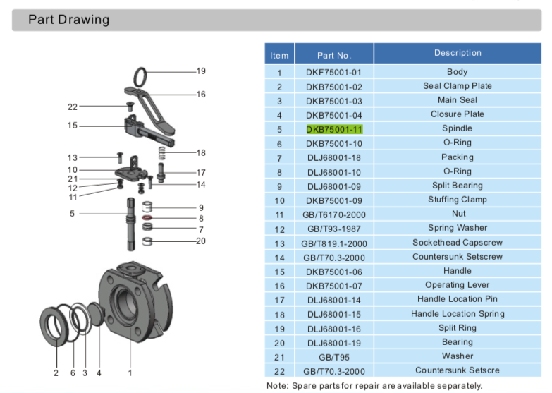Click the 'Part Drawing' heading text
pos(68,20)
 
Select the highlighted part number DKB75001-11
pos(333,129)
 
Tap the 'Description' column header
pos(458,53)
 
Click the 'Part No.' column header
pos(333,55)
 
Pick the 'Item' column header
pos(279,55)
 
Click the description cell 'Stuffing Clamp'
pos(458,200)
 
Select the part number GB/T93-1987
pos(333,229)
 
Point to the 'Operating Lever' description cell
pos(458,285)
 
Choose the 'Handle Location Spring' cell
pos(458,313)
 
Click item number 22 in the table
pos(279,370)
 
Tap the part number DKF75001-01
pos(333,72)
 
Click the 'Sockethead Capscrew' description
pos(458,243)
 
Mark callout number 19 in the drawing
pos(201,71)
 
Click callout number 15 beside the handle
pos(73,126)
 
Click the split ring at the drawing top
pos(141,74)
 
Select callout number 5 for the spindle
pos(73,213)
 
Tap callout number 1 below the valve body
pos(130,372)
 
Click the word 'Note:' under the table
pos(278,385)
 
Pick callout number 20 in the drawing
pos(201,241)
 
